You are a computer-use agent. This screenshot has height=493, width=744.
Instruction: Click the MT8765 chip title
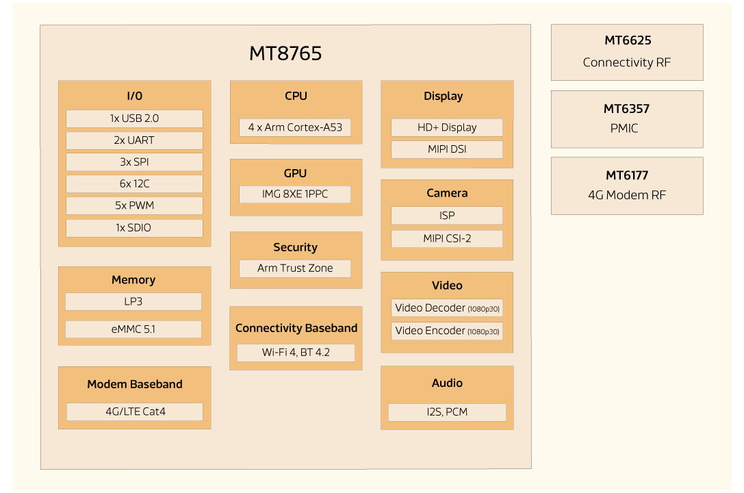(x=285, y=53)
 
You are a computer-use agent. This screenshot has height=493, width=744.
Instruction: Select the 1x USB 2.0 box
(x=134, y=118)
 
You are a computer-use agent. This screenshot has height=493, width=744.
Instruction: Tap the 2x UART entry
(x=134, y=140)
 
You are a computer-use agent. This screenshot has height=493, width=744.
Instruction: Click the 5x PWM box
(x=134, y=206)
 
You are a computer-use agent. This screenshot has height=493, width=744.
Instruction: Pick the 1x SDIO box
(x=134, y=228)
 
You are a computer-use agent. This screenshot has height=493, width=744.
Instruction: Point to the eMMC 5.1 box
(x=133, y=329)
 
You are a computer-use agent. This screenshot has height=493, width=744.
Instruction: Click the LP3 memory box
(x=133, y=301)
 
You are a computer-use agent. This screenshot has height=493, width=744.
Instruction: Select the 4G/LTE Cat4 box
(x=135, y=412)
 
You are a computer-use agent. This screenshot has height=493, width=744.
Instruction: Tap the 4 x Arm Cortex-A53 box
(x=295, y=127)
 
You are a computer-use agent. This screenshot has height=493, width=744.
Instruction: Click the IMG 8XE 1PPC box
(x=295, y=194)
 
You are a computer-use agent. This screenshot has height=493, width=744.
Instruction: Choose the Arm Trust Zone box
(x=295, y=268)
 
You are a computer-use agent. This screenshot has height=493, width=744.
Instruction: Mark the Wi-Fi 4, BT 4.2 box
(x=296, y=353)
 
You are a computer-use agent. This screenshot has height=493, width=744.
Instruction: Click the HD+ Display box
(x=447, y=127)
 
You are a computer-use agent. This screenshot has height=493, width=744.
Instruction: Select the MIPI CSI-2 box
(x=447, y=239)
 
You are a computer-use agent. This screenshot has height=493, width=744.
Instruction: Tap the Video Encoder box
(x=447, y=331)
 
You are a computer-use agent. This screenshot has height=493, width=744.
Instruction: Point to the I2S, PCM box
(x=447, y=412)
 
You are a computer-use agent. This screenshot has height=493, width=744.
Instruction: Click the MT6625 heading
(x=627, y=41)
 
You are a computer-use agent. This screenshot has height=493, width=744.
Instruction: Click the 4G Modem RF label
(x=627, y=195)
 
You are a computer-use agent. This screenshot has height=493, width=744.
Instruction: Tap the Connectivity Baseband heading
(x=296, y=328)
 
